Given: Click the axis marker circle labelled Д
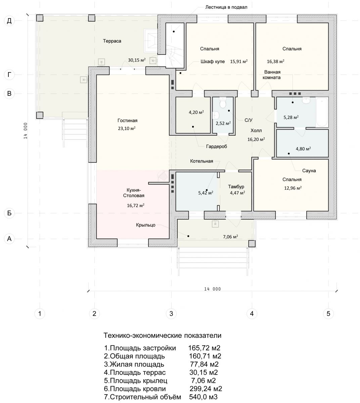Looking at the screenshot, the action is pyautogui.click(x=9, y=21).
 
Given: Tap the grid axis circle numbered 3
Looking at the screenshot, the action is pyautogui.click(x=171, y=314).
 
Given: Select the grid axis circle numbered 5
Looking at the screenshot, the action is pyautogui.click(x=328, y=314).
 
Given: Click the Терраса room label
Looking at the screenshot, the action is pyautogui.click(x=112, y=41).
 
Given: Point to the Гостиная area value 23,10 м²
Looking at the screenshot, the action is pyautogui.click(x=127, y=128).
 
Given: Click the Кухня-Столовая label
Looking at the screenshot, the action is pyautogui.click(x=134, y=193).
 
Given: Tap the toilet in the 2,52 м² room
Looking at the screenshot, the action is pyautogui.click(x=222, y=103).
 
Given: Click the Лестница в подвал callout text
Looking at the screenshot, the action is pyautogui.click(x=226, y=7).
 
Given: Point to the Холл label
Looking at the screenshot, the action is pyautogui.click(x=256, y=131).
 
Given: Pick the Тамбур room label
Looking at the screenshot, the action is pyautogui.click(x=236, y=187).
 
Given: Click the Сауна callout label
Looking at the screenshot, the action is pyautogui.click(x=309, y=171).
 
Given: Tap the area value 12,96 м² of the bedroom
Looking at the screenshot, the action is pyautogui.click(x=293, y=188).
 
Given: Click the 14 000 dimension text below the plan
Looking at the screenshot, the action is pyautogui.click(x=213, y=289).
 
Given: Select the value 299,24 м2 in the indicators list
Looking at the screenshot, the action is pyautogui.click(x=206, y=389).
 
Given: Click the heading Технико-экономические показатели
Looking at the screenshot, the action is pyautogui.click(x=162, y=335).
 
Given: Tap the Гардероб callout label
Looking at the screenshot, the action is pyautogui.click(x=216, y=147).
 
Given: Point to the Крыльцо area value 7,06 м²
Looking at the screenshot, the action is pyautogui.click(x=230, y=237).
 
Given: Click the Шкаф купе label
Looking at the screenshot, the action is pyautogui.click(x=213, y=61).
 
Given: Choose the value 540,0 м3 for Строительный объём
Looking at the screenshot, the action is pyautogui.click(x=203, y=397).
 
